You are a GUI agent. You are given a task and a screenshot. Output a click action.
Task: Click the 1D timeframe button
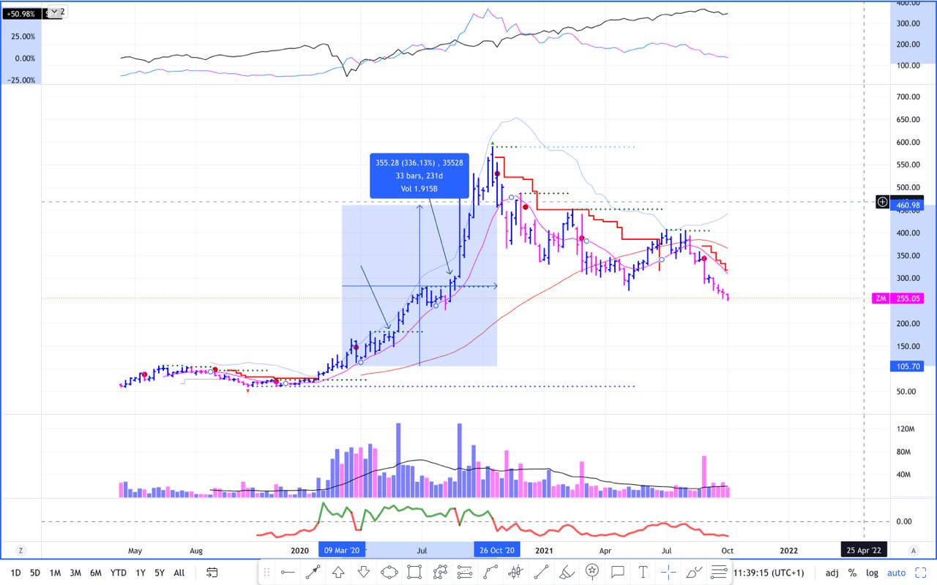15,573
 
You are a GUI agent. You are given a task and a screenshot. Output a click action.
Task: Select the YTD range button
118,573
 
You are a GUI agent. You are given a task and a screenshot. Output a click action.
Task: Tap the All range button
179,573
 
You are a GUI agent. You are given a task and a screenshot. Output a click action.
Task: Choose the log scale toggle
872,573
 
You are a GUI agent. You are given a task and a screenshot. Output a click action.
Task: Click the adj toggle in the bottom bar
832,573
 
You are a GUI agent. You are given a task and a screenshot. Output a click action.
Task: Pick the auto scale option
897,573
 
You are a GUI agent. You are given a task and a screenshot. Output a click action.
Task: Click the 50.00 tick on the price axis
906,391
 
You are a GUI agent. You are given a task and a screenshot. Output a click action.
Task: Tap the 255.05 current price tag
907,298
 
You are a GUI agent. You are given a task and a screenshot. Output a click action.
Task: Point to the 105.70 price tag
907,366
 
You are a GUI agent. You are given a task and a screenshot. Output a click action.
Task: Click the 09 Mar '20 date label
342,550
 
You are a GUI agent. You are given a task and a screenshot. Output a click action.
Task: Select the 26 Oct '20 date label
497,550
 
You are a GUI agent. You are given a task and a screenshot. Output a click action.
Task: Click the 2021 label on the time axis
544,550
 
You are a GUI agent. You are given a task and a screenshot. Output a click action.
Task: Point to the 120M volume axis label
905,429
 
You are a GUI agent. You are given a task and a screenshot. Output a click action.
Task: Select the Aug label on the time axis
195,550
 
